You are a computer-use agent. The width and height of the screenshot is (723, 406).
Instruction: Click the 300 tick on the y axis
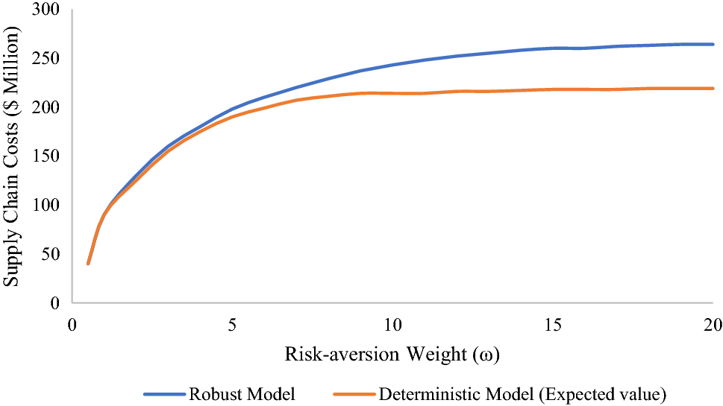(46, 9)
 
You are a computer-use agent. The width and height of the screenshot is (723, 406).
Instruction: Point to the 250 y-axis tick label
(46, 58)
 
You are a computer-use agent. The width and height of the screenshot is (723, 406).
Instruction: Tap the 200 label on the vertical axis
(46, 107)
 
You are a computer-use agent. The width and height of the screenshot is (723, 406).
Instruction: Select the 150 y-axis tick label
(46, 156)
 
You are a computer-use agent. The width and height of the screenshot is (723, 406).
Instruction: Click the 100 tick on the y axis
(46, 205)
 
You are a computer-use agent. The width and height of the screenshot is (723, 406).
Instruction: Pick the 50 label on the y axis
(51, 253)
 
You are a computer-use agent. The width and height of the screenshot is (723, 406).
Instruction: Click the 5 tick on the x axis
(232, 325)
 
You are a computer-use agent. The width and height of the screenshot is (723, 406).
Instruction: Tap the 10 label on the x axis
(392, 325)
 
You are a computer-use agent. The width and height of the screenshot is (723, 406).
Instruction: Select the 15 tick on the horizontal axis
(553, 325)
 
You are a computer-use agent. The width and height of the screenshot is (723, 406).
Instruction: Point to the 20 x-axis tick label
(713, 325)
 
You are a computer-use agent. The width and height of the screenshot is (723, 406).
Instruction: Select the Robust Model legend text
(242, 395)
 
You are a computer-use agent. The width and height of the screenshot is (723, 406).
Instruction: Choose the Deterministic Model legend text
(522, 395)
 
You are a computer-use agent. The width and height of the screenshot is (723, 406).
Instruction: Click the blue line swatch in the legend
(165, 395)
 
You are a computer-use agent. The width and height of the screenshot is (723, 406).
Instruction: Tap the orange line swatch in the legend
(354, 395)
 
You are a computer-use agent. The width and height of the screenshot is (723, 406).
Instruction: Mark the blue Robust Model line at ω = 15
(553, 48)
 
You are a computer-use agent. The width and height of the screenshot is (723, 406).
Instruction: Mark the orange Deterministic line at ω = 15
(553, 89)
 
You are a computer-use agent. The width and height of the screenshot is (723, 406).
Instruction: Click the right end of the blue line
(713, 44)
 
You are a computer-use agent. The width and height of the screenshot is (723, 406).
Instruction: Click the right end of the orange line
(713, 89)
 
